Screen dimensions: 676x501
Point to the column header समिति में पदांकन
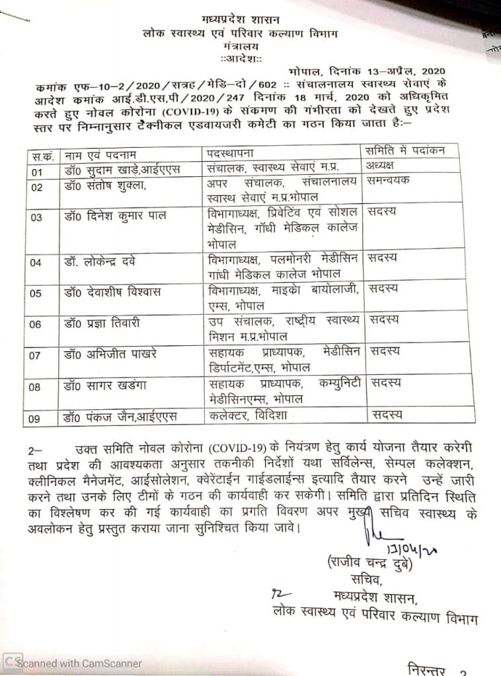tap(405, 152)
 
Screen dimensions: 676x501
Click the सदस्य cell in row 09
tap(387, 415)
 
